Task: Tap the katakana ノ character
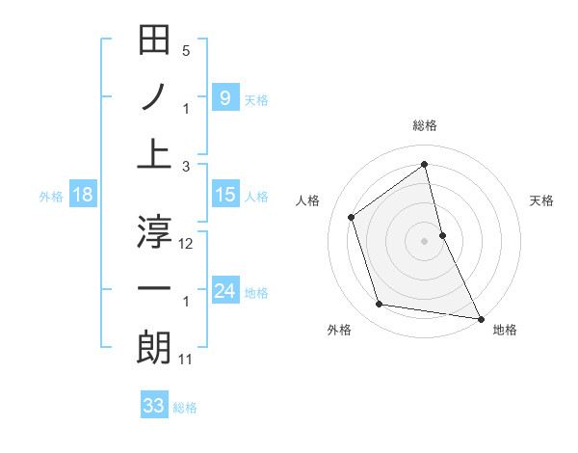(154, 97)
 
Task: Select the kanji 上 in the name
(154, 154)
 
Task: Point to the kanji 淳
(154, 232)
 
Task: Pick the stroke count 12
(186, 244)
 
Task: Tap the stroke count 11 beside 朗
(186, 360)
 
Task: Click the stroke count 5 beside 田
(186, 50)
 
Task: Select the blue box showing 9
(224, 97)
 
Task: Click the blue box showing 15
(224, 195)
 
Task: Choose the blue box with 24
(224, 291)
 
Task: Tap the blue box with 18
(83, 195)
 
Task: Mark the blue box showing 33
(153, 406)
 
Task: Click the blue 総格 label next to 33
(185, 408)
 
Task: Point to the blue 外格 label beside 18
(51, 196)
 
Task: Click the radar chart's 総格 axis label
(425, 125)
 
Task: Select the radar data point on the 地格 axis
(480, 318)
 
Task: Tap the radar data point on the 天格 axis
(442, 234)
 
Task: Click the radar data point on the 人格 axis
(352, 217)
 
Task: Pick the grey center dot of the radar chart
(425, 240)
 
